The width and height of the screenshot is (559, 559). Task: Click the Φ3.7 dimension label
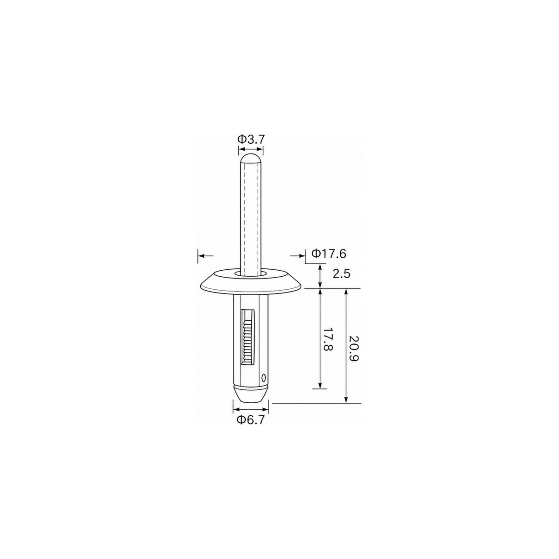[x=251, y=140]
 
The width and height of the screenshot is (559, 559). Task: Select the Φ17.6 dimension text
[x=329, y=254]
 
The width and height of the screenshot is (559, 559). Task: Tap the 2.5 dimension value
[x=342, y=274]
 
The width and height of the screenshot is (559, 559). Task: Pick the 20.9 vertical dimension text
[x=354, y=348]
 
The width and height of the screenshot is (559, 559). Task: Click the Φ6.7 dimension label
[x=251, y=420]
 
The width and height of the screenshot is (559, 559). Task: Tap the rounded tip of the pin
[x=251, y=159]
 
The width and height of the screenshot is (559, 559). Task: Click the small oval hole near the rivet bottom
[x=263, y=378]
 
